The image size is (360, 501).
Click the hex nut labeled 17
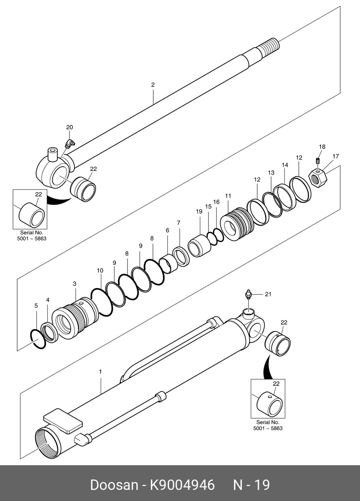click(x=317, y=177)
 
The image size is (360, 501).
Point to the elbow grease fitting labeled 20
click(x=69, y=144)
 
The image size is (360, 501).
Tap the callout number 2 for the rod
click(x=153, y=85)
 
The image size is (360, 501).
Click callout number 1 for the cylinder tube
click(x=100, y=372)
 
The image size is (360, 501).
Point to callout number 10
click(x=100, y=271)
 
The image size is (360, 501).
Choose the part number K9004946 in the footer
click(x=182, y=485)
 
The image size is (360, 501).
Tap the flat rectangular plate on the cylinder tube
click(x=63, y=421)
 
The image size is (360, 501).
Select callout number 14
click(x=285, y=165)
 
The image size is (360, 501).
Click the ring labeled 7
click(x=181, y=256)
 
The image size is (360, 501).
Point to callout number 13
click(x=271, y=173)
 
